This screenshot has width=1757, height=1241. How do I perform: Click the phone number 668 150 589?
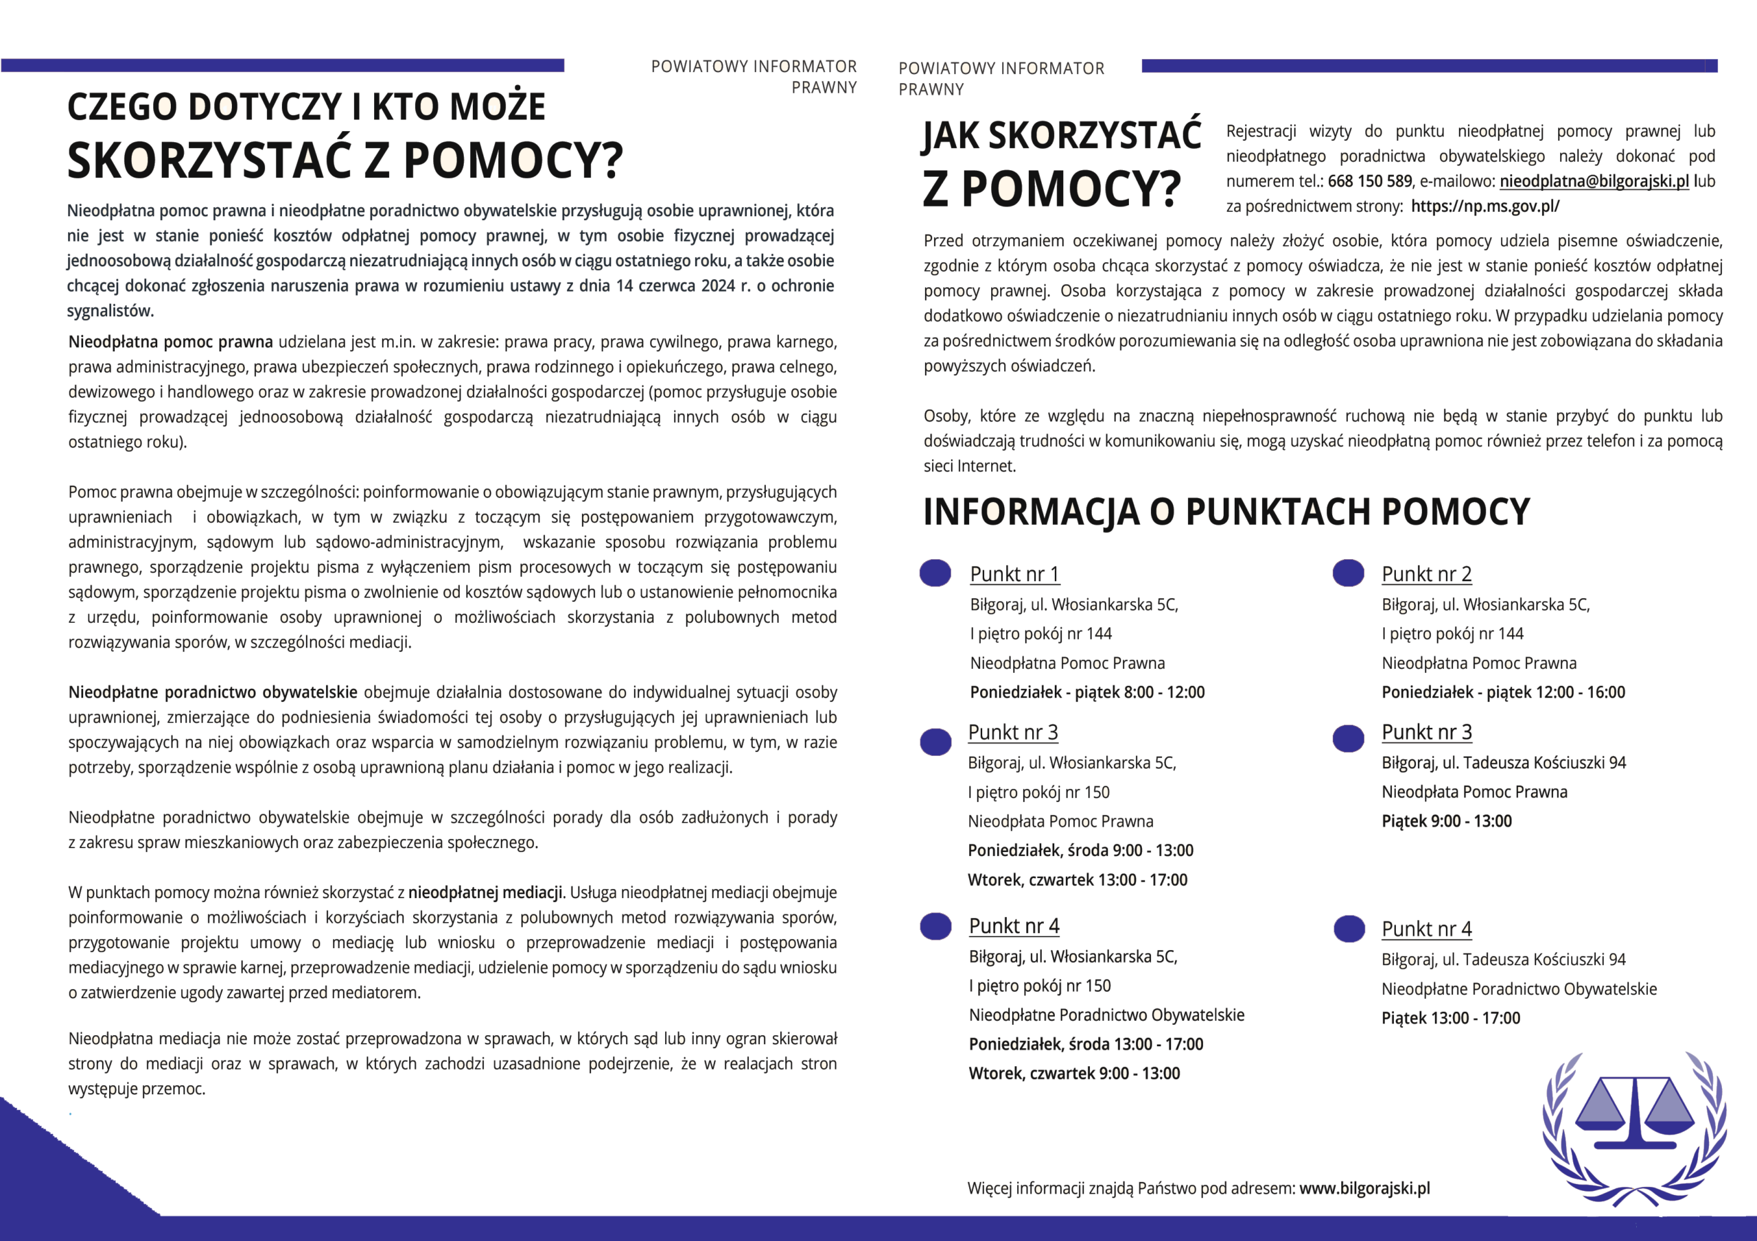click(x=1370, y=181)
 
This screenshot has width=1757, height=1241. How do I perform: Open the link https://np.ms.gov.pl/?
click(x=1485, y=206)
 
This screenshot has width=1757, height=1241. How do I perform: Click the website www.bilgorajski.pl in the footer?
click(x=1364, y=1188)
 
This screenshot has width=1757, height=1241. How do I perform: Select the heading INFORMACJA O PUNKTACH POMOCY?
click(x=1226, y=512)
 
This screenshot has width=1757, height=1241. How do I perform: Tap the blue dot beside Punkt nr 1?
click(x=935, y=573)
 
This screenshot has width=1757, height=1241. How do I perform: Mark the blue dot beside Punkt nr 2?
click(x=1349, y=573)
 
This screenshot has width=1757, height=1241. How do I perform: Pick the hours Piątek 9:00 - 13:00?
click(x=1446, y=822)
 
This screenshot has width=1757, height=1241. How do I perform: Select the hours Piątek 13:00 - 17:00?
click(x=1450, y=1018)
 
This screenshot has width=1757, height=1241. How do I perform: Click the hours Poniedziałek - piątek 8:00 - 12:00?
click(x=1086, y=692)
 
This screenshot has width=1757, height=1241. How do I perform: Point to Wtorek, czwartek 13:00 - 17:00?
click(x=1078, y=880)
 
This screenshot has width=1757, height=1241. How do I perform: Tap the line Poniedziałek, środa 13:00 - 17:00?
click(x=1086, y=1044)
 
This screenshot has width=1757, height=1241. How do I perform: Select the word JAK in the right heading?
click(x=951, y=137)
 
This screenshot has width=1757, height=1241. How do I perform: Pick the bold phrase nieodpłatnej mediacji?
click(x=485, y=893)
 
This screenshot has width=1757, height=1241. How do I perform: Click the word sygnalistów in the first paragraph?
click(x=109, y=311)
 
